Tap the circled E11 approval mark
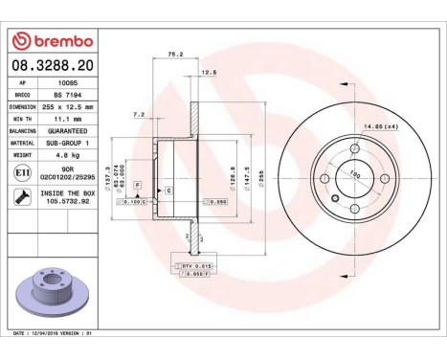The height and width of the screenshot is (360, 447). [21, 171]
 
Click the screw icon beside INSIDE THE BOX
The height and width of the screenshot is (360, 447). [21, 199]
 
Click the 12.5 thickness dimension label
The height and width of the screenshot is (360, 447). [209, 72]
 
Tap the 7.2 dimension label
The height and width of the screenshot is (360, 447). [138, 114]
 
